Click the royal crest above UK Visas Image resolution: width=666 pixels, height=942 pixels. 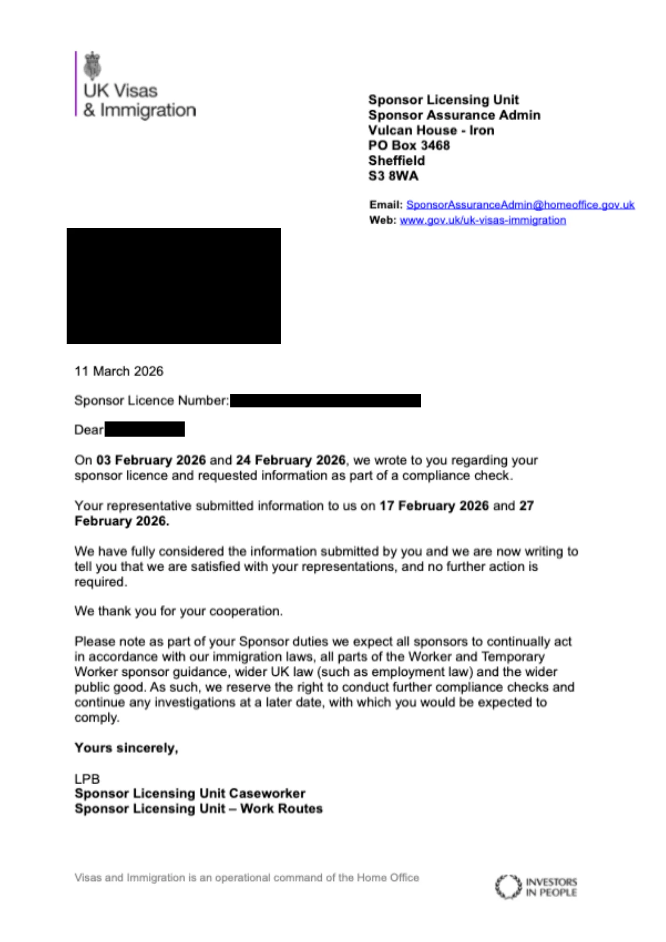pos(93,65)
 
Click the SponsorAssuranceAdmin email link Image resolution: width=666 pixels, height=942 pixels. pos(520,205)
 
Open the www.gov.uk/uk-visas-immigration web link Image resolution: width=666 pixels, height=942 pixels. pos(483,220)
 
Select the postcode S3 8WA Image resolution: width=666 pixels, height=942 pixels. pos(393,176)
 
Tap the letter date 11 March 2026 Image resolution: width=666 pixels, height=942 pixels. pos(119,371)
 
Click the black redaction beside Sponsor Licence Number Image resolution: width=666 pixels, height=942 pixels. pos(325,401)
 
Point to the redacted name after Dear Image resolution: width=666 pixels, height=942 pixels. pos(145,430)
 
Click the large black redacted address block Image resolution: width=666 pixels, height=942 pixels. pos(174,286)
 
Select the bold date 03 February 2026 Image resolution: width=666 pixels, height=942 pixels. pos(151,460)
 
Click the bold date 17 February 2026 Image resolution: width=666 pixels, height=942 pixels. pos(434,506)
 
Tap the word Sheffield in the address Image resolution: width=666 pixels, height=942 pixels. pos(397,161)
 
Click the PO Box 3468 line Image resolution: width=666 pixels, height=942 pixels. pos(409,146)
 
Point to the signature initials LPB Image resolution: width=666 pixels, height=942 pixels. pos(87,779)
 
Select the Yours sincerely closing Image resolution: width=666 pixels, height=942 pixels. pos(126,748)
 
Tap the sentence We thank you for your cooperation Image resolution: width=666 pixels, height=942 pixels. pos(179,611)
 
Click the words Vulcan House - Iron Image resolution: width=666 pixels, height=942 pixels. pos(431,130)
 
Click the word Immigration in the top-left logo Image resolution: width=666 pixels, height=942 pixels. pos(148,110)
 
